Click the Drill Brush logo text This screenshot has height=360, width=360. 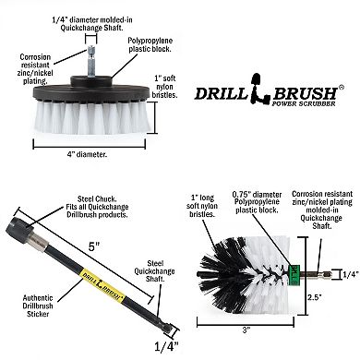(x=268, y=92)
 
